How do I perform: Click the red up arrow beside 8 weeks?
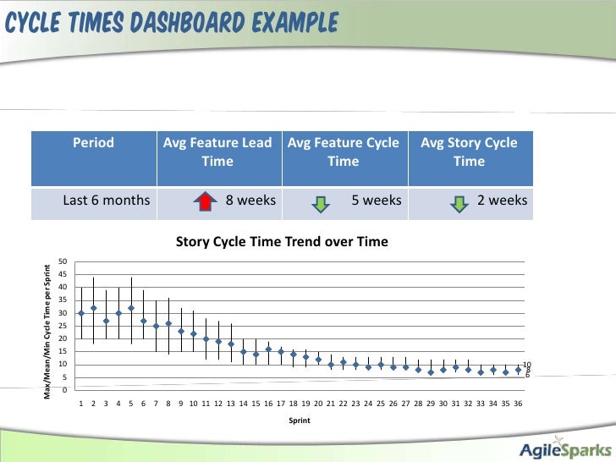202,201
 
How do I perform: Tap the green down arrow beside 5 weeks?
320,202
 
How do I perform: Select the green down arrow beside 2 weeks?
457,202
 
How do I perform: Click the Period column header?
93,143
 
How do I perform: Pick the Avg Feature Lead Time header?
217,151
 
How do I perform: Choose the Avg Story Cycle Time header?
469,151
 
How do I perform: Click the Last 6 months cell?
107,201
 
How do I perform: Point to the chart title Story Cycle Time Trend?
282,242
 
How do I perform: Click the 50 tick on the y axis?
63,262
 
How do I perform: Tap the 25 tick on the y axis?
63,327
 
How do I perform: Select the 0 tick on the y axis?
65,390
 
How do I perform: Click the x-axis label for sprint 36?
518,404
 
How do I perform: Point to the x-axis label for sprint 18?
293,404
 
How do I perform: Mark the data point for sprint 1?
81,313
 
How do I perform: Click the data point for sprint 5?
131,308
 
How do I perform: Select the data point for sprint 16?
268,349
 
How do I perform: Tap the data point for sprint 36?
518,370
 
